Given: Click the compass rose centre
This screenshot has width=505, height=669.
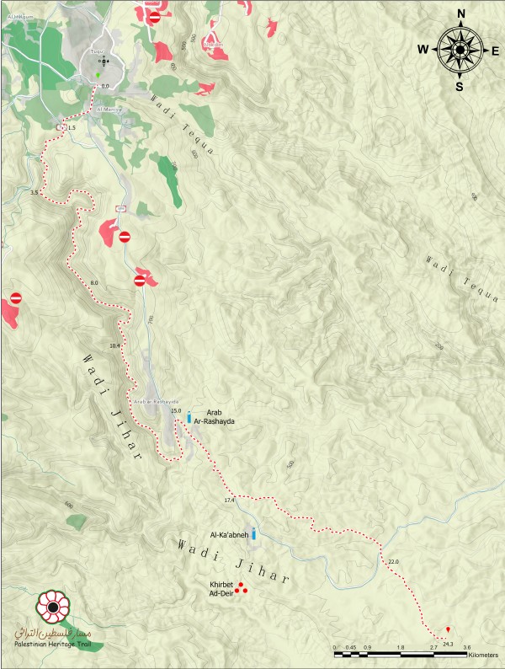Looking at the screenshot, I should click(x=460, y=50).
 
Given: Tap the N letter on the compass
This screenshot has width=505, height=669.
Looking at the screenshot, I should click(x=460, y=13).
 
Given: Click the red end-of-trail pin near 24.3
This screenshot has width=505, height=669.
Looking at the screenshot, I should click(x=448, y=629).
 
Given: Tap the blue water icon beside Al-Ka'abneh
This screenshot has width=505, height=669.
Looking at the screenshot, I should click(x=253, y=533).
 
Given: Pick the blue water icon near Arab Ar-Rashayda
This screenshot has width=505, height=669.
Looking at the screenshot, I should click(x=189, y=416).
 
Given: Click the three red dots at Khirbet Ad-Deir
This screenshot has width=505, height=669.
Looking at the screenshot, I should click(x=240, y=588).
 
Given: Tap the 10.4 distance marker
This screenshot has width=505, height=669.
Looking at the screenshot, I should click(x=114, y=345).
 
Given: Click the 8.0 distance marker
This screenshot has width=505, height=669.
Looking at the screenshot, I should click(x=94, y=281).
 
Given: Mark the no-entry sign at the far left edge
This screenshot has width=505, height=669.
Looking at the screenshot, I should click(x=14, y=298).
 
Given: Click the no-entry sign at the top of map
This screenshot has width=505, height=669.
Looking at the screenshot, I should click(x=154, y=17).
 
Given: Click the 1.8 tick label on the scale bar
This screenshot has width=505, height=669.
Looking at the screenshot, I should click(x=401, y=647).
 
